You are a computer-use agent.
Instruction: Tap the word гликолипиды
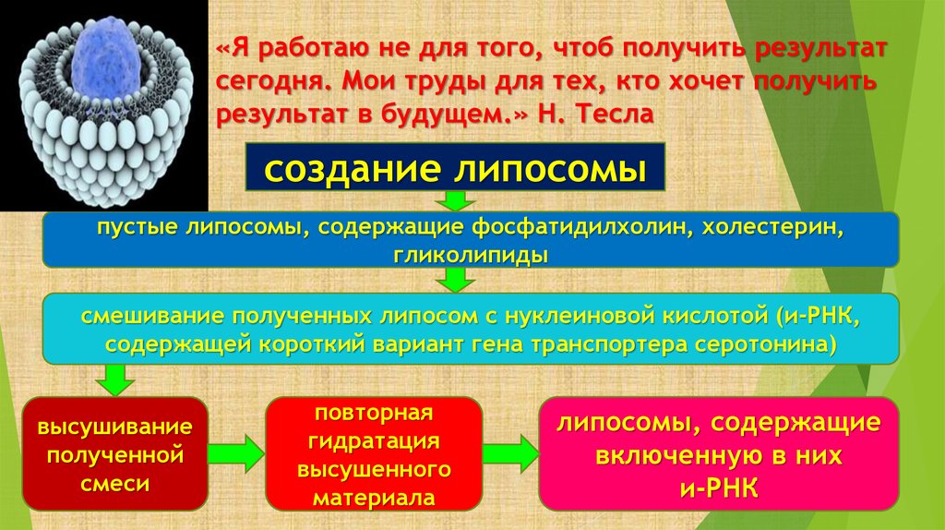click(471, 254)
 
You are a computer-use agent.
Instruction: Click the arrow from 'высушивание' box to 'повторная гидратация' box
click(235, 453)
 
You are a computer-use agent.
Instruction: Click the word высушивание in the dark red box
click(114, 428)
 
